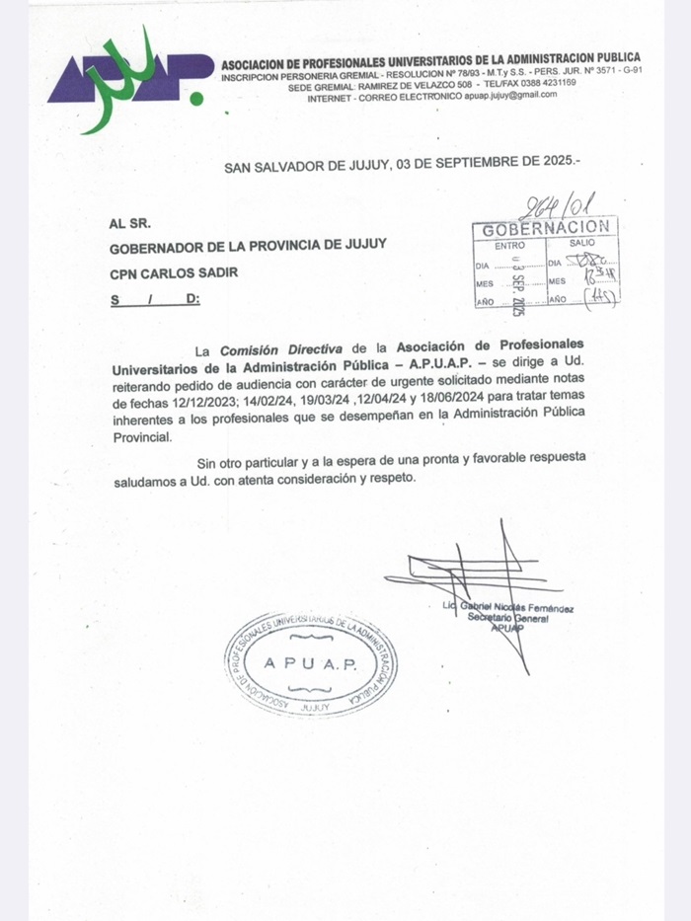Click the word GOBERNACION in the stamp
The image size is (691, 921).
pos(546,229)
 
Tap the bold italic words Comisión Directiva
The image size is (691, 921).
pos(280,349)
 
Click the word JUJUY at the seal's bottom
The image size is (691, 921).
pos(314,708)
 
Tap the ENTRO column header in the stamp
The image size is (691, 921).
pos(510,244)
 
